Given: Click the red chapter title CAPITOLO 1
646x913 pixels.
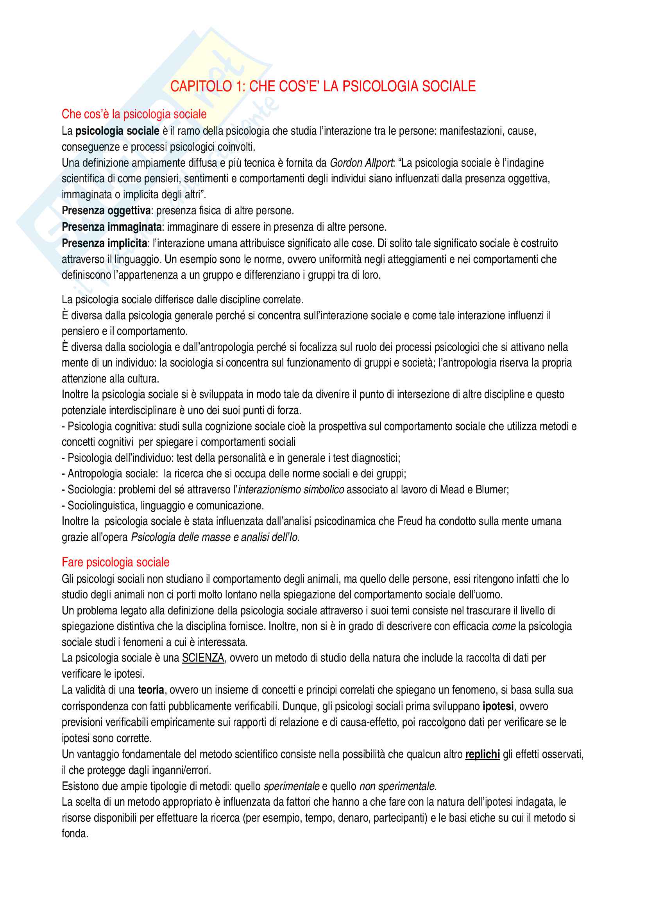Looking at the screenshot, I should pyautogui.click(x=323, y=86).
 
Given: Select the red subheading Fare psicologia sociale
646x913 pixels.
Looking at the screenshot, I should pyautogui.click(x=115, y=562).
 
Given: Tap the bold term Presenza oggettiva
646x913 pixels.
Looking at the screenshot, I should pyautogui.click(x=106, y=211).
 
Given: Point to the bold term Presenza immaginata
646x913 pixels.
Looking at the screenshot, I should pyautogui.click(x=112, y=227).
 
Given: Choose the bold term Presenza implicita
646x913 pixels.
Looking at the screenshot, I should pyautogui.click(x=104, y=243).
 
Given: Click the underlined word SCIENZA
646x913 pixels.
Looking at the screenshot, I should pyautogui.click(x=203, y=658).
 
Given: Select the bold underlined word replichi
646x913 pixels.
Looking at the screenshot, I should pyautogui.click(x=482, y=755).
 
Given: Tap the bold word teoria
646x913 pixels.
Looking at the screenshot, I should pyautogui.click(x=151, y=690).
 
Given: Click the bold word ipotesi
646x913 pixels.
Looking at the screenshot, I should pyautogui.click(x=498, y=706).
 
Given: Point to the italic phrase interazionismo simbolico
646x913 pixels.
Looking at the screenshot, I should pyautogui.click(x=291, y=489).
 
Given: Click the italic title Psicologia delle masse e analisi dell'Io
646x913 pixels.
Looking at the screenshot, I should pyautogui.click(x=215, y=537).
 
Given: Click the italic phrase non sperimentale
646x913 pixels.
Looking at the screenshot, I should pyautogui.click(x=398, y=786).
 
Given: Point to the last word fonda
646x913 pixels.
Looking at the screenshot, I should pyautogui.click(x=74, y=833).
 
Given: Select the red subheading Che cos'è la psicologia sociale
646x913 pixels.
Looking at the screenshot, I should pyautogui.click(x=134, y=114).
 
